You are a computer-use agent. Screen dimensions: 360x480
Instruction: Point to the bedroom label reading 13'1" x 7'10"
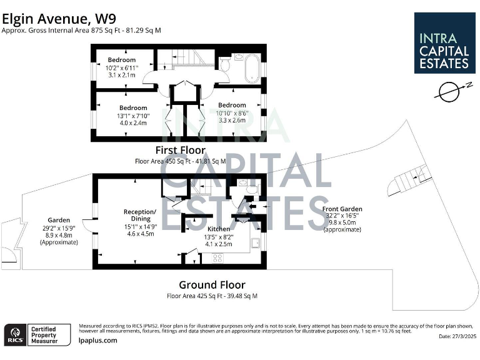[x=133, y=116]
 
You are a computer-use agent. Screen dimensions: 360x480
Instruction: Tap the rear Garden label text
[x=59, y=231]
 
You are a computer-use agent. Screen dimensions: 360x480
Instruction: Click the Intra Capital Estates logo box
[x=444, y=42]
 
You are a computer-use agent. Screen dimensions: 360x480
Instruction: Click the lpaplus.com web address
[x=98, y=341]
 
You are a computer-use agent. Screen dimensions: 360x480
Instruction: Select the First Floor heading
[x=180, y=150]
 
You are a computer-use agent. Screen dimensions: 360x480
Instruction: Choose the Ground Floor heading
[x=212, y=284]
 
